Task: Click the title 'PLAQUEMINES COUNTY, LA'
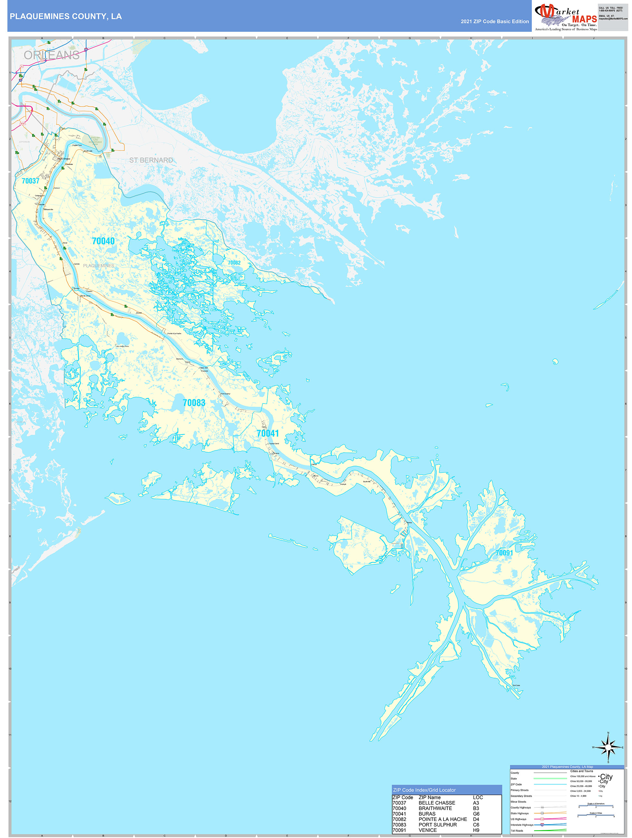point(65,16)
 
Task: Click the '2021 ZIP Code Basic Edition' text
point(494,22)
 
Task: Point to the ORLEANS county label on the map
point(52,55)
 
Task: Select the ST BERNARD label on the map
point(151,160)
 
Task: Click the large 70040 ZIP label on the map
point(103,241)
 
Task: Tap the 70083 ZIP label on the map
point(194,403)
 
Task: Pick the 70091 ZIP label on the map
point(504,553)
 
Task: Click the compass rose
point(608,747)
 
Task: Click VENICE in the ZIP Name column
point(427,830)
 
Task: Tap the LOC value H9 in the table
point(476,830)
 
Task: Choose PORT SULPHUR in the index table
point(437,825)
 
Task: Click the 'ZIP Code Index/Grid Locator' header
point(424,790)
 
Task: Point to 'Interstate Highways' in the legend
point(522,825)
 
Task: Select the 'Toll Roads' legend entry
point(517,830)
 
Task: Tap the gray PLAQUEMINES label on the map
point(99,266)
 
